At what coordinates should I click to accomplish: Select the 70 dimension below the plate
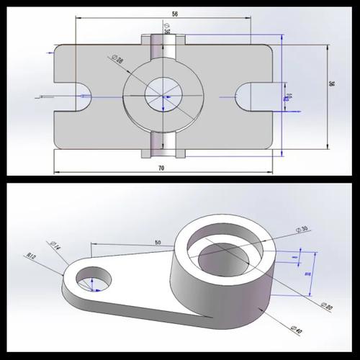(161, 168)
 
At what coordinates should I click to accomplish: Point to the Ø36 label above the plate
(167, 31)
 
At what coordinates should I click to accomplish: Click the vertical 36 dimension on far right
(332, 84)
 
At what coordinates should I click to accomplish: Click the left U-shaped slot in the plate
(81, 96)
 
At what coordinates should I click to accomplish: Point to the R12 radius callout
(32, 256)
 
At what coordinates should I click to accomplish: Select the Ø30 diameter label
(302, 230)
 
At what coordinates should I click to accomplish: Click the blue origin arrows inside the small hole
(94, 286)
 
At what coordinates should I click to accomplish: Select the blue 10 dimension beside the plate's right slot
(289, 96)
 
